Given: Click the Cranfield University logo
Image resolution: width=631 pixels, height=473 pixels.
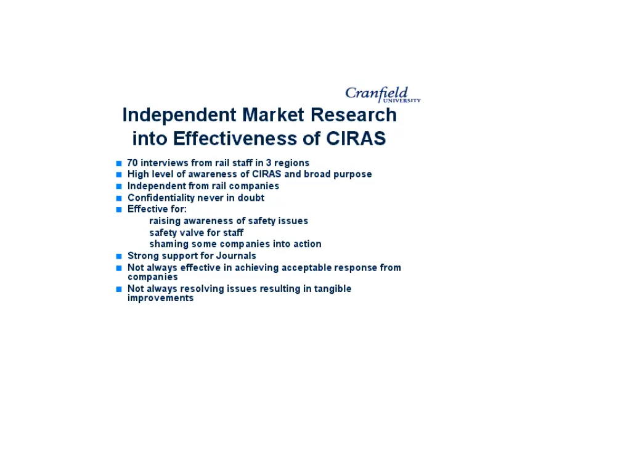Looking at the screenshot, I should tap(382, 94).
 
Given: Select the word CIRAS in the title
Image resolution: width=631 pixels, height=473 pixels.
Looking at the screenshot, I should tap(356, 139).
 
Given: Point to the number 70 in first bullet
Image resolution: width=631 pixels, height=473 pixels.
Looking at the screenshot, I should tap(132, 163).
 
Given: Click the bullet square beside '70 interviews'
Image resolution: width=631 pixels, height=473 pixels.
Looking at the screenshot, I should tap(119, 164).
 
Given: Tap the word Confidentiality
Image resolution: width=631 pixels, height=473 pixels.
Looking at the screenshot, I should tap(161, 198).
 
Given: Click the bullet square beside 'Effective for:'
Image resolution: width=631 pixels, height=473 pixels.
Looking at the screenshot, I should tap(119, 210).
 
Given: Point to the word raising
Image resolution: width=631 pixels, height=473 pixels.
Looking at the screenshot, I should tap(165, 221).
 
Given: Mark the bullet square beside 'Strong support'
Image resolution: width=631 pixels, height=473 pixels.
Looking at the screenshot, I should tap(119, 256).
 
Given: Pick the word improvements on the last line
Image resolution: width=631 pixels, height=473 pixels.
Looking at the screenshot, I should tap(160, 298).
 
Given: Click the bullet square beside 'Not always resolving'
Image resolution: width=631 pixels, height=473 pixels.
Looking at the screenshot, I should tap(119, 289).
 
